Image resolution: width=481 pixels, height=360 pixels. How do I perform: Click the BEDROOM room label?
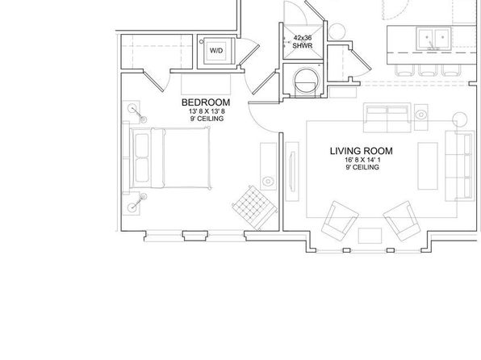tap(206, 103)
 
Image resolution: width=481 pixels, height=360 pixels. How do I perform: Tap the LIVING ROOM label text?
tap(362, 151)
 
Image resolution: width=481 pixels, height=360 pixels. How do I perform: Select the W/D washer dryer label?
tap(216, 50)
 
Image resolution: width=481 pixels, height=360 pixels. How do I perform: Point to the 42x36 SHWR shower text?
tap(303, 42)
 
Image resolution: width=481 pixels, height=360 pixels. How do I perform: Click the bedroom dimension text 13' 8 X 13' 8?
tap(207, 111)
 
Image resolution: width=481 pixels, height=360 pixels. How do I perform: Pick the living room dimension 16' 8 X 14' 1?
tap(362, 160)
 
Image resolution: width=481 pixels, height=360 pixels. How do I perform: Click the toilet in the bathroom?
tap(306, 82)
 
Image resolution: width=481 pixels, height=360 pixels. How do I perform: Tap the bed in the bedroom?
tap(170, 158)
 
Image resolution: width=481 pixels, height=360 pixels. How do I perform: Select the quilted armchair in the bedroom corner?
tap(254, 207)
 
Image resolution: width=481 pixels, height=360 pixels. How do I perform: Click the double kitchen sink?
tap(433, 38)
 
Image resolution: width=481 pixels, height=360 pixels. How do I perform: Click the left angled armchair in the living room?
tap(340, 221)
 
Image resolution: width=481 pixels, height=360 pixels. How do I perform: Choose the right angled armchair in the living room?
tap(402, 221)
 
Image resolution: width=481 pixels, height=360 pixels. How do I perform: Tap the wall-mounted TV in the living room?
tap(293, 172)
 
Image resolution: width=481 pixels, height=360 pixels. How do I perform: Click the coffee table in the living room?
tap(428, 165)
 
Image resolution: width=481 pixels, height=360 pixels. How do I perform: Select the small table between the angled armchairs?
tap(370, 236)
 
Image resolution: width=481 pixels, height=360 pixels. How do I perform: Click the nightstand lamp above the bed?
tap(132, 108)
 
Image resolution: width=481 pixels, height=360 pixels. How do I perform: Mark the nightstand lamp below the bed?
tap(132, 207)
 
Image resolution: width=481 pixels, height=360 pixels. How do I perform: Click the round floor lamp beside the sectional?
tap(460, 119)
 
